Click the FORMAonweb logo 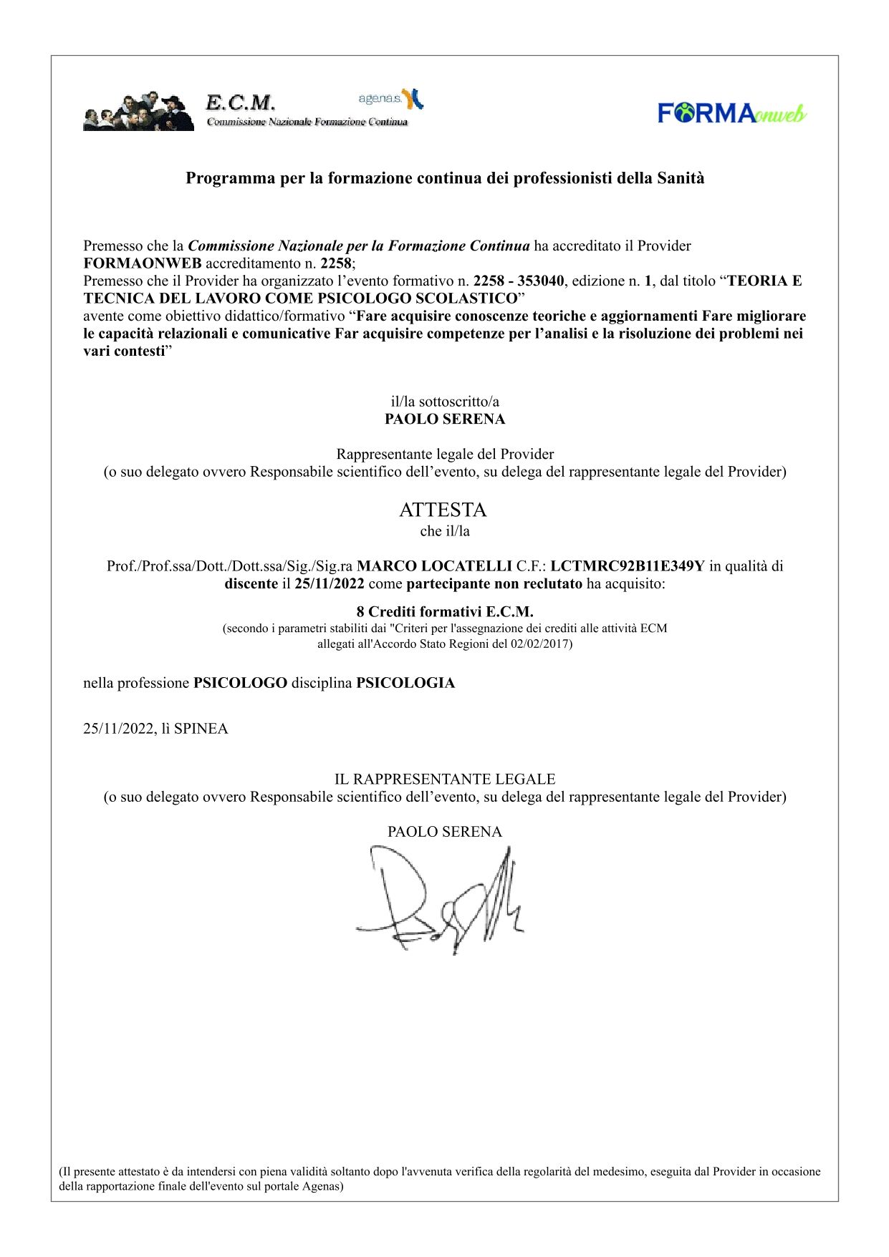coord(731,113)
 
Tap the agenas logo coord(390,99)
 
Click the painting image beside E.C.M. coord(138,112)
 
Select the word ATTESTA coord(443,510)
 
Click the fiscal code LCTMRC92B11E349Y coord(627,566)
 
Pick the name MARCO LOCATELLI coord(434,566)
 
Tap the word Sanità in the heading coord(681,178)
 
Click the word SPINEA coord(201,729)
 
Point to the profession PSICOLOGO coord(240,683)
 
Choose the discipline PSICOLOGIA coord(405,683)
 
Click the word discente coord(251,583)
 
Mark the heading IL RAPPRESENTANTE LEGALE coord(444,779)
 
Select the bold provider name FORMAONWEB coord(143,263)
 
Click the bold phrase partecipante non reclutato coord(494,583)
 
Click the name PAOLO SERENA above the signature coord(444,832)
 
